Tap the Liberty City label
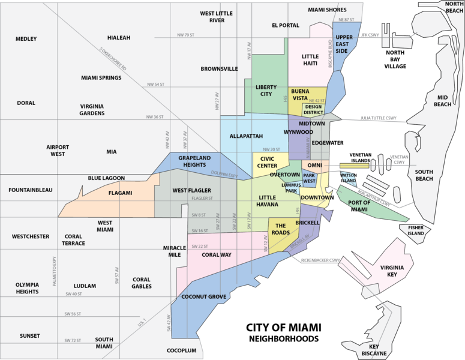266,91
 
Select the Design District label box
313,109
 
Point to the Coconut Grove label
203,297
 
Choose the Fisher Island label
416,231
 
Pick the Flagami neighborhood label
120,193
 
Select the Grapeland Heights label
194,161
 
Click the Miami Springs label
101,78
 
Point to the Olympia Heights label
28,288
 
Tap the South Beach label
424,175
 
